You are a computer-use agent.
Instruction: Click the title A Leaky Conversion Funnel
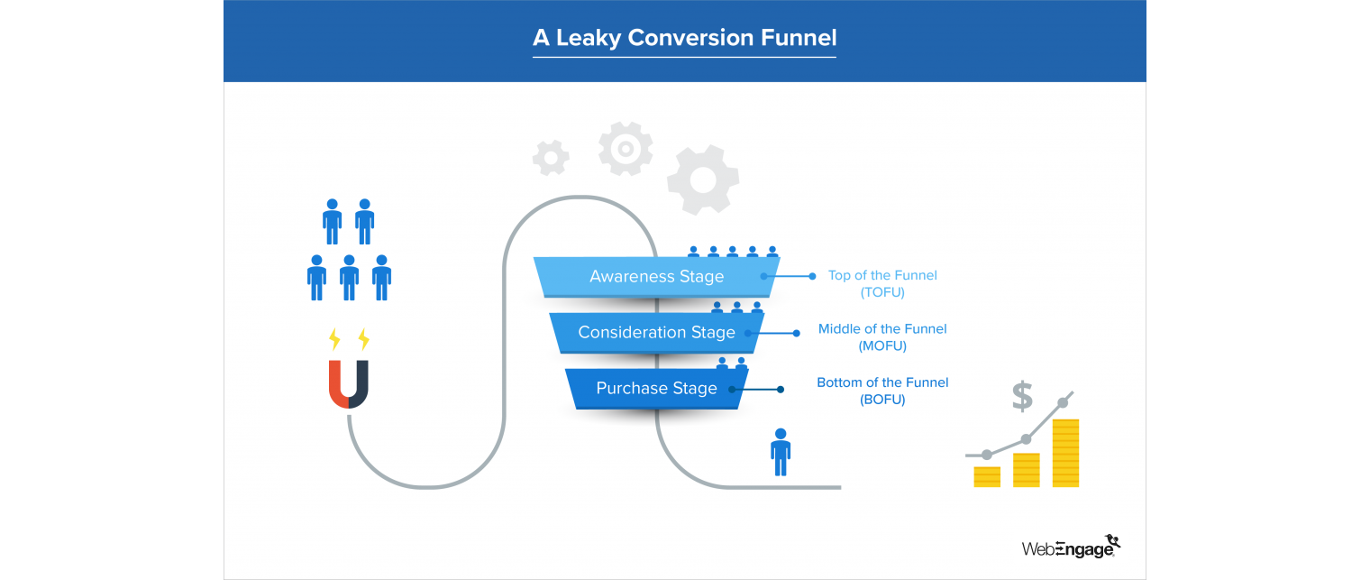684,38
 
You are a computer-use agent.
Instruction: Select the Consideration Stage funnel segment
656,333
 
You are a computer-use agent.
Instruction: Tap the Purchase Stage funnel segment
656,389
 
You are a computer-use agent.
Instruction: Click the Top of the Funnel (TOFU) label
882,283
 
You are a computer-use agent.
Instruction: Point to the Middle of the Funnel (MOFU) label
882,337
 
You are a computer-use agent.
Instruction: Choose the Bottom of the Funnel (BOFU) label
882,391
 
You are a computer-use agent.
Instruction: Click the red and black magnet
349,384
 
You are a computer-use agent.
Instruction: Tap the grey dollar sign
1022,396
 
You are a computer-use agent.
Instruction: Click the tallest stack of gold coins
1065,453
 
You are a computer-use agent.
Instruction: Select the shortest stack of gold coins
987,476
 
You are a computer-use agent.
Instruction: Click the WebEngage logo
1071,547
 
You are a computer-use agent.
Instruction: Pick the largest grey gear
703,180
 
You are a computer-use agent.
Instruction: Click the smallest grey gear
551,158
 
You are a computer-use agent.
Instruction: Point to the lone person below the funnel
781,452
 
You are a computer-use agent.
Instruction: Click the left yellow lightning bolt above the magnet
334,339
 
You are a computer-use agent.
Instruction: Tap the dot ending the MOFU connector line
796,333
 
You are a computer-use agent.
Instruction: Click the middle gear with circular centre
626,148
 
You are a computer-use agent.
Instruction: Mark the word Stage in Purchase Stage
694,389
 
